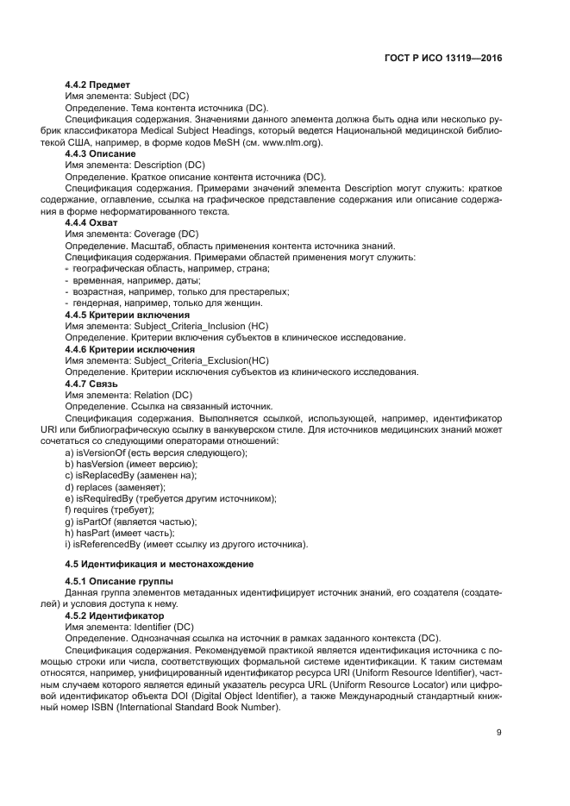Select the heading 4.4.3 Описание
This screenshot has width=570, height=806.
100,153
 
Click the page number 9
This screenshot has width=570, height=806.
499,733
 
